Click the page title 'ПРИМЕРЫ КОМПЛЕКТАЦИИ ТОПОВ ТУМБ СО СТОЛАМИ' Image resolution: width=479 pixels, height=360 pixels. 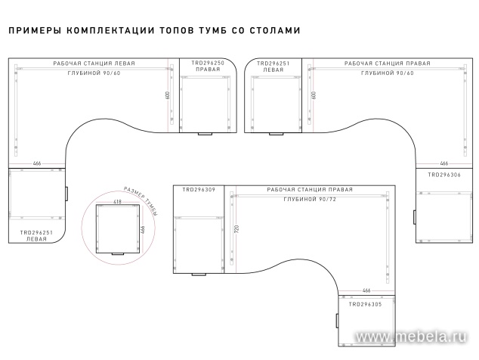point(154,31)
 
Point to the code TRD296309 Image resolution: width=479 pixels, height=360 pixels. point(199,189)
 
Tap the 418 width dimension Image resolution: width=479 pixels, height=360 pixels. point(117,202)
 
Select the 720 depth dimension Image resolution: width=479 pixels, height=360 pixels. point(236,228)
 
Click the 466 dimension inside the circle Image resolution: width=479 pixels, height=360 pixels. point(142,229)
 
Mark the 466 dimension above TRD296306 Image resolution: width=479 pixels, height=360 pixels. point(444,163)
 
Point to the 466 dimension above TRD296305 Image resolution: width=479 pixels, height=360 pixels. point(366,290)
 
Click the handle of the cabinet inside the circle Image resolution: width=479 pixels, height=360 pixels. point(118,255)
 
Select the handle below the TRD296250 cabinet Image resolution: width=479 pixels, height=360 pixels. point(205,134)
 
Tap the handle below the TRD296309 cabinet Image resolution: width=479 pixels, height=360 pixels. point(199,274)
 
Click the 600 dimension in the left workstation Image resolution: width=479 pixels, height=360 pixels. point(168,96)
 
